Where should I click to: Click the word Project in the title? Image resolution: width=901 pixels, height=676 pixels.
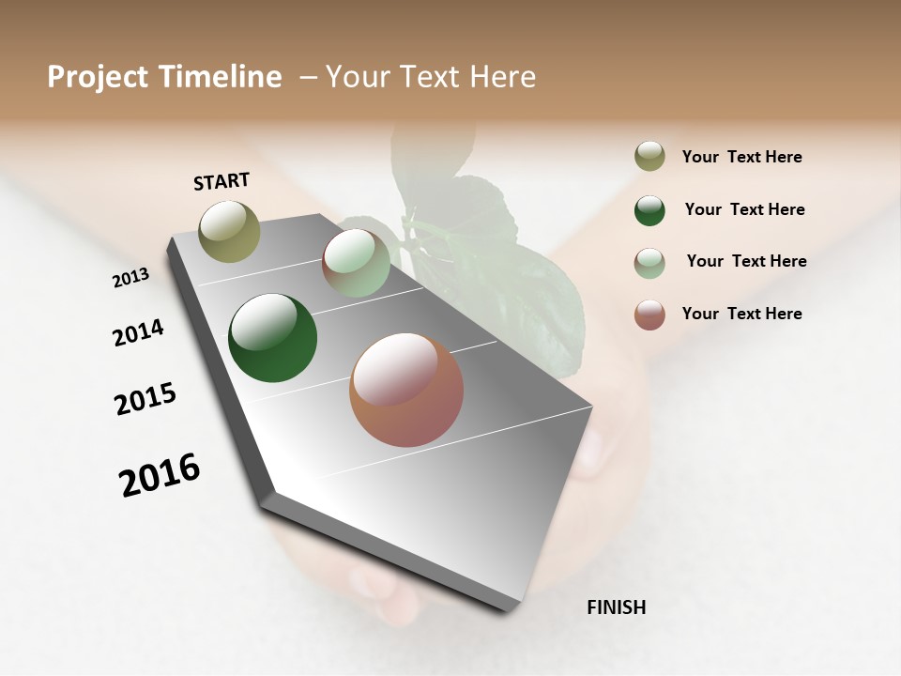[x=97, y=77]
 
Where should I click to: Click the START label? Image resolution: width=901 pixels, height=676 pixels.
[x=221, y=181]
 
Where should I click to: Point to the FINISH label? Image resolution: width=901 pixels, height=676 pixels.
[x=616, y=607]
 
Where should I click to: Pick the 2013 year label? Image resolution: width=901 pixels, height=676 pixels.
[x=130, y=277]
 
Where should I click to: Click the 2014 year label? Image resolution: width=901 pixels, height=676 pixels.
[x=138, y=332]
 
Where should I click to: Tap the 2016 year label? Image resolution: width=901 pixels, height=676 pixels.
[x=160, y=475]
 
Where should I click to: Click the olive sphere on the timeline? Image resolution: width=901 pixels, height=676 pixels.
[x=229, y=231]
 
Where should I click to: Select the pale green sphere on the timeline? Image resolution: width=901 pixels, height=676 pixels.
[x=356, y=263]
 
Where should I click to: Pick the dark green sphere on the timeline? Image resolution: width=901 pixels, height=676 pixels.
[x=272, y=338]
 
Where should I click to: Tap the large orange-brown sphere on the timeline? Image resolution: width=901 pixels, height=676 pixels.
[x=406, y=390]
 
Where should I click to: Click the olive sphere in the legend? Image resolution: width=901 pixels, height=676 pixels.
[x=649, y=157]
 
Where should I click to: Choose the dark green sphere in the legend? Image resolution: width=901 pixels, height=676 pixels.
[x=649, y=210]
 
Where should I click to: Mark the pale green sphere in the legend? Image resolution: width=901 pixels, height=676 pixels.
[x=649, y=263]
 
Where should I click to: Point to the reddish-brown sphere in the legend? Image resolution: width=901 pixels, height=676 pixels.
[x=649, y=315]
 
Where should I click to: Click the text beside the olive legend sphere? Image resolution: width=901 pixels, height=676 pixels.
[x=741, y=158]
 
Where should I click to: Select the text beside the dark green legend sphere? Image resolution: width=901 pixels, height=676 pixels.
[x=744, y=209]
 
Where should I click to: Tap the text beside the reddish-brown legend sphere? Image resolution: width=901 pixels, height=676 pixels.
[x=741, y=314]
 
